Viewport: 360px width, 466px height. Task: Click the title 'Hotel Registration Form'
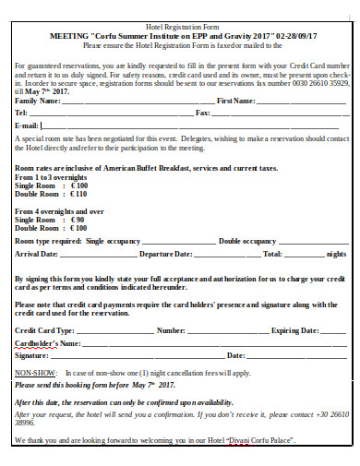coord(180,29)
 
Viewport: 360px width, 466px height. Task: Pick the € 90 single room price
coord(79,221)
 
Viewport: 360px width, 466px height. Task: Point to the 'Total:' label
coord(273,253)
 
